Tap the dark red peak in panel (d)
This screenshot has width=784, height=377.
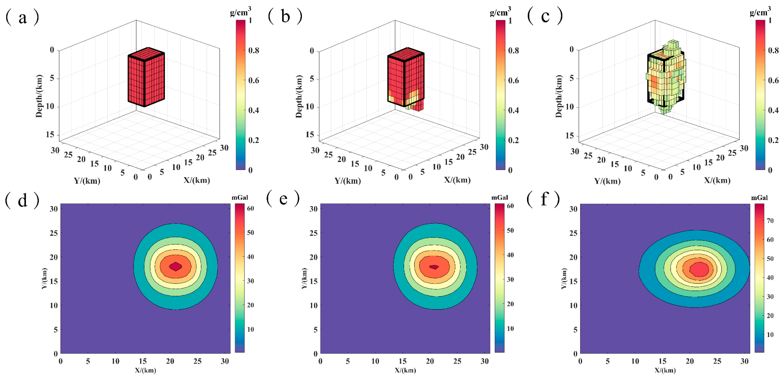(x=176, y=266)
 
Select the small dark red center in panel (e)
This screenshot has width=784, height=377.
(x=434, y=267)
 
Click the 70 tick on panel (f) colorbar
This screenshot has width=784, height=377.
(x=770, y=221)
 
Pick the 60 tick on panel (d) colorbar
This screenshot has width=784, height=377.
(x=250, y=209)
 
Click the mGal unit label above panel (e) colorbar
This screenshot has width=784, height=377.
(x=499, y=198)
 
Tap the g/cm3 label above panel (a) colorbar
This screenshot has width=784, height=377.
(x=240, y=12)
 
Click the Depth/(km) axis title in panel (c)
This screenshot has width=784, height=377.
(x=559, y=96)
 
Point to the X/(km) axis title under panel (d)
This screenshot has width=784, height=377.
(x=145, y=370)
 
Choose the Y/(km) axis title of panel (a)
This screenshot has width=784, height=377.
(x=87, y=181)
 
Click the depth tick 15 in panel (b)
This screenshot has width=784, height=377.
(x=309, y=134)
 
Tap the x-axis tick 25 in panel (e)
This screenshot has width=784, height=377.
(x=457, y=361)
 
